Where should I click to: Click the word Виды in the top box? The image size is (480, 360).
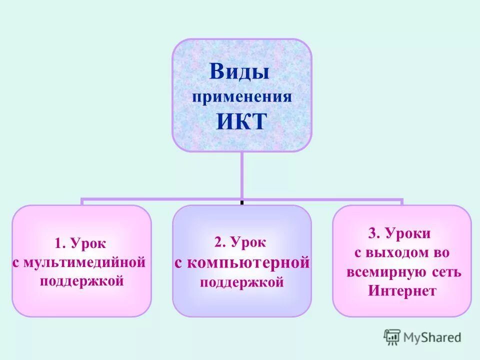(239, 71)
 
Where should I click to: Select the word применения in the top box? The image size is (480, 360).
(242, 96)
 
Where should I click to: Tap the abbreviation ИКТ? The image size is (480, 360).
(241, 121)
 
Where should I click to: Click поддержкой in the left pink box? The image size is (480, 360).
(81, 280)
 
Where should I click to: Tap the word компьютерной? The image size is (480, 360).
(248, 263)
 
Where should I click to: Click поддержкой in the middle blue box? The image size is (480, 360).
(242, 282)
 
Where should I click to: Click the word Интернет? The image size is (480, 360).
(402, 291)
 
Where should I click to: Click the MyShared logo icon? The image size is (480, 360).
(392, 337)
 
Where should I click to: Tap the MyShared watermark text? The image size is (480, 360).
(432, 338)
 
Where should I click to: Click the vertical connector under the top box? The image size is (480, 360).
(242, 175)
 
